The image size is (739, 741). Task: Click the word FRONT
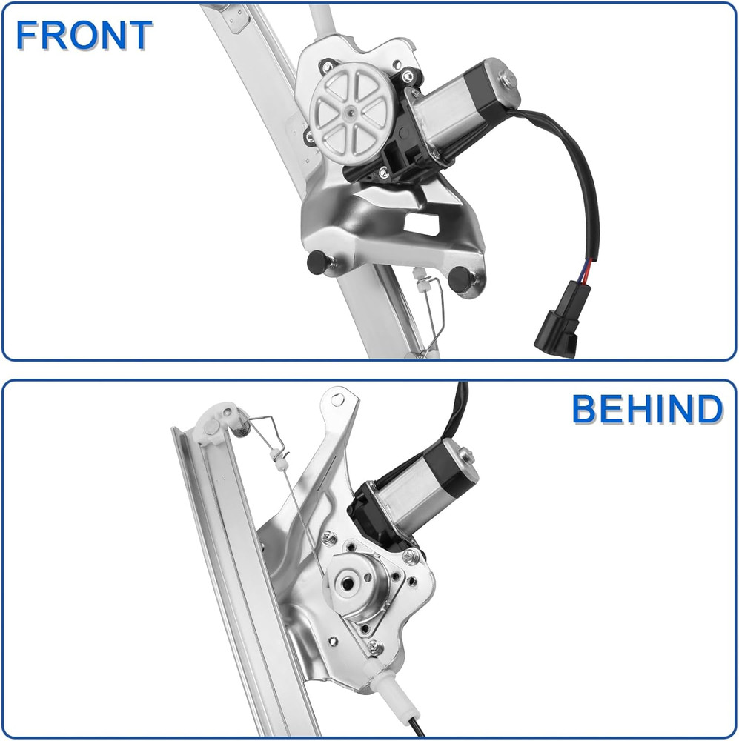84,35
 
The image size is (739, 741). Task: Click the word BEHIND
647,410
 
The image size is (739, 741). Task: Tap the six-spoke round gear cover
348,112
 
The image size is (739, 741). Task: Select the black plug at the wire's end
556,334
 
